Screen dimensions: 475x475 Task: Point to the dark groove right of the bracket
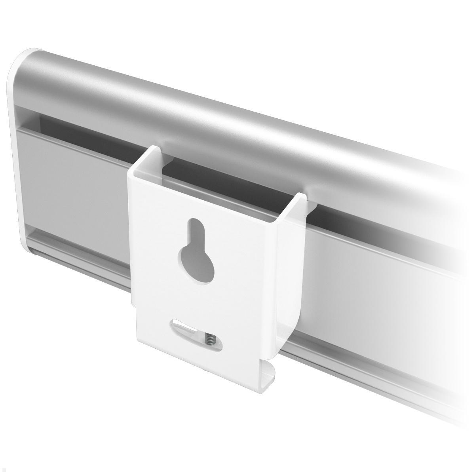376,222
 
